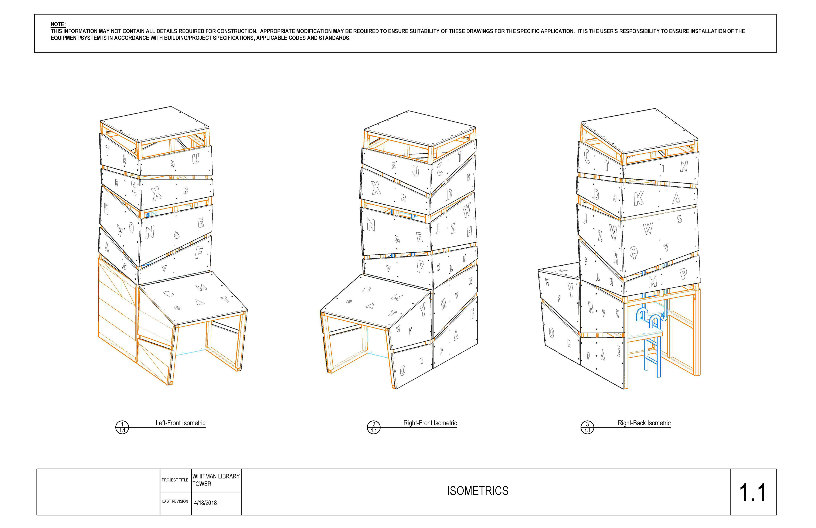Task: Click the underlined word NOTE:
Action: tap(58, 24)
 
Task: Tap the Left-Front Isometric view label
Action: tap(180, 423)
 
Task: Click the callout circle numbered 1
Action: tap(122, 427)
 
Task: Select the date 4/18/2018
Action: tap(205, 503)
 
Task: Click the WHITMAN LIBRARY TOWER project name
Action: tap(216, 480)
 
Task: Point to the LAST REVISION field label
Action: tap(175, 501)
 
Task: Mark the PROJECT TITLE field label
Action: tap(175, 480)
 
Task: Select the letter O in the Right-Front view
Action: tap(402, 370)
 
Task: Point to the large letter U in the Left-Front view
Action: tap(195, 159)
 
